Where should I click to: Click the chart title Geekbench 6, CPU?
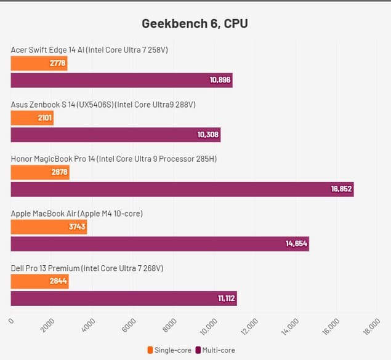click(x=195, y=24)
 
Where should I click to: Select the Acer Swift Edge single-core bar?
click(x=39, y=63)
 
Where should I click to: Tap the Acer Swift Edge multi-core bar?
click(x=121, y=80)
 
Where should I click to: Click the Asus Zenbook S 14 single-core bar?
click(x=32, y=118)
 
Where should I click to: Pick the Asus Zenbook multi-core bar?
click(x=115, y=135)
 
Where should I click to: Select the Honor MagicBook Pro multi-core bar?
click(x=182, y=189)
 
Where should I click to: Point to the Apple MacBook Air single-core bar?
click(x=49, y=227)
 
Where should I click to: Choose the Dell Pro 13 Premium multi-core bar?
click(x=123, y=298)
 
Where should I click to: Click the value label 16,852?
click(x=341, y=189)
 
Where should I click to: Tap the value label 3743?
click(x=75, y=227)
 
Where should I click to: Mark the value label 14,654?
click(x=296, y=244)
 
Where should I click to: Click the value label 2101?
click(x=44, y=118)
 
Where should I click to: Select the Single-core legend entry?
click(x=169, y=350)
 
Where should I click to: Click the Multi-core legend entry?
click(x=215, y=350)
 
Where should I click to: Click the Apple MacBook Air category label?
click(x=77, y=214)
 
